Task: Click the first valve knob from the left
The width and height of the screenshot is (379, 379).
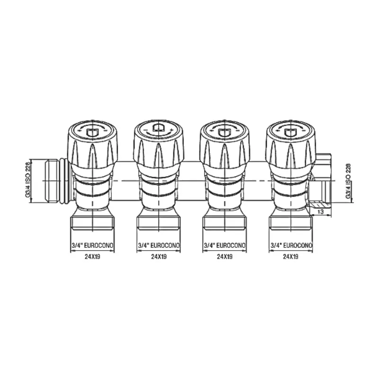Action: click(x=92, y=145)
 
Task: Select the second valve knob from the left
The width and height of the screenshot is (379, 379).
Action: click(x=158, y=145)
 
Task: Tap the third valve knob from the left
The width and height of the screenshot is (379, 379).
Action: click(x=224, y=145)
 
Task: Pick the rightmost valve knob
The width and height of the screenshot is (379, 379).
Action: click(x=290, y=145)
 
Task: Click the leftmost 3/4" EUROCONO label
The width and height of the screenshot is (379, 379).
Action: click(x=92, y=245)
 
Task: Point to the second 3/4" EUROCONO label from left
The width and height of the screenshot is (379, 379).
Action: click(x=159, y=245)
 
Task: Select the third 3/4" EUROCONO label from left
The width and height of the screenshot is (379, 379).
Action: click(x=225, y=245)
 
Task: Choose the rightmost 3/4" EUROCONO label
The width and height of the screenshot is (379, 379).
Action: click(x=291, y=245)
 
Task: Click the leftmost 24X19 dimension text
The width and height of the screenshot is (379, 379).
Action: click(x=92, y=256)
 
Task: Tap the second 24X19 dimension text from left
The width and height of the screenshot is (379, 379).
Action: click(x=159, y=256)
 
